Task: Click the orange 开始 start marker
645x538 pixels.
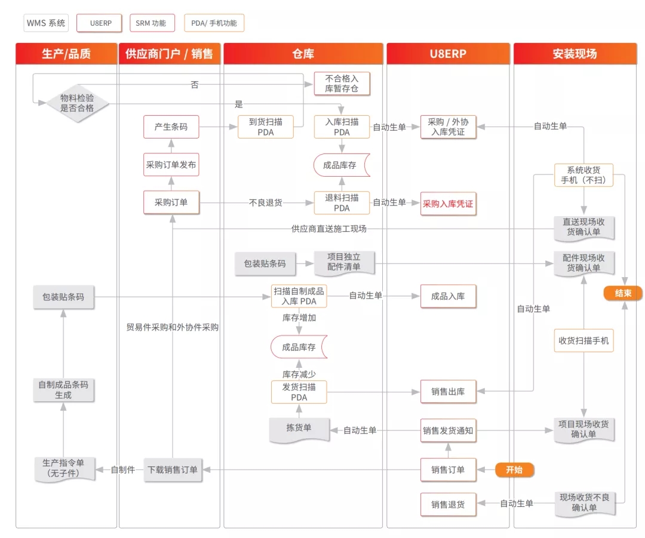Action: tap(514, 470)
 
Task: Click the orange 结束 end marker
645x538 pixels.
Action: tap(623, 293)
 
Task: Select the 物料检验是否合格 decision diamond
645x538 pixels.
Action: tap(77, 103)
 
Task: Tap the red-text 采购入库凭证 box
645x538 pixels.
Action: tap(448, 204)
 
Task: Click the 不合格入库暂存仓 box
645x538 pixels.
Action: tap(342, 84)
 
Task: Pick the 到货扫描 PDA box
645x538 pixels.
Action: tap(266, 127)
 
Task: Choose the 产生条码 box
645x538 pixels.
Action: tap(171, 127)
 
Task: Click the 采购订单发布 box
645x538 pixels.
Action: tap(171, 165)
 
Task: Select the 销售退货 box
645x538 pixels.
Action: tap(448, 505)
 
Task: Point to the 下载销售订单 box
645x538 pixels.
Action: tap(173, 470)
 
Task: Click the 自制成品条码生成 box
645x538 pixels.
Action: tap(63, 390)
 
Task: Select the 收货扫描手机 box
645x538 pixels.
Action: tap(583, 340)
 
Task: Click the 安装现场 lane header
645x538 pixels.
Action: tap(575, 54)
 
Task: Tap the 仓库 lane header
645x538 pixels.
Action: tap(303, 54)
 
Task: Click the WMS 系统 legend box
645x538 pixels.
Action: tap(46, 23)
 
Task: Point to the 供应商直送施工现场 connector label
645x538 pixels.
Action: tap(328, 229)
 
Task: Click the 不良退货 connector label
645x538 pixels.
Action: tap(266, 202)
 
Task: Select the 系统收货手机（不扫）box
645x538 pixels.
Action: tap(583, 175)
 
